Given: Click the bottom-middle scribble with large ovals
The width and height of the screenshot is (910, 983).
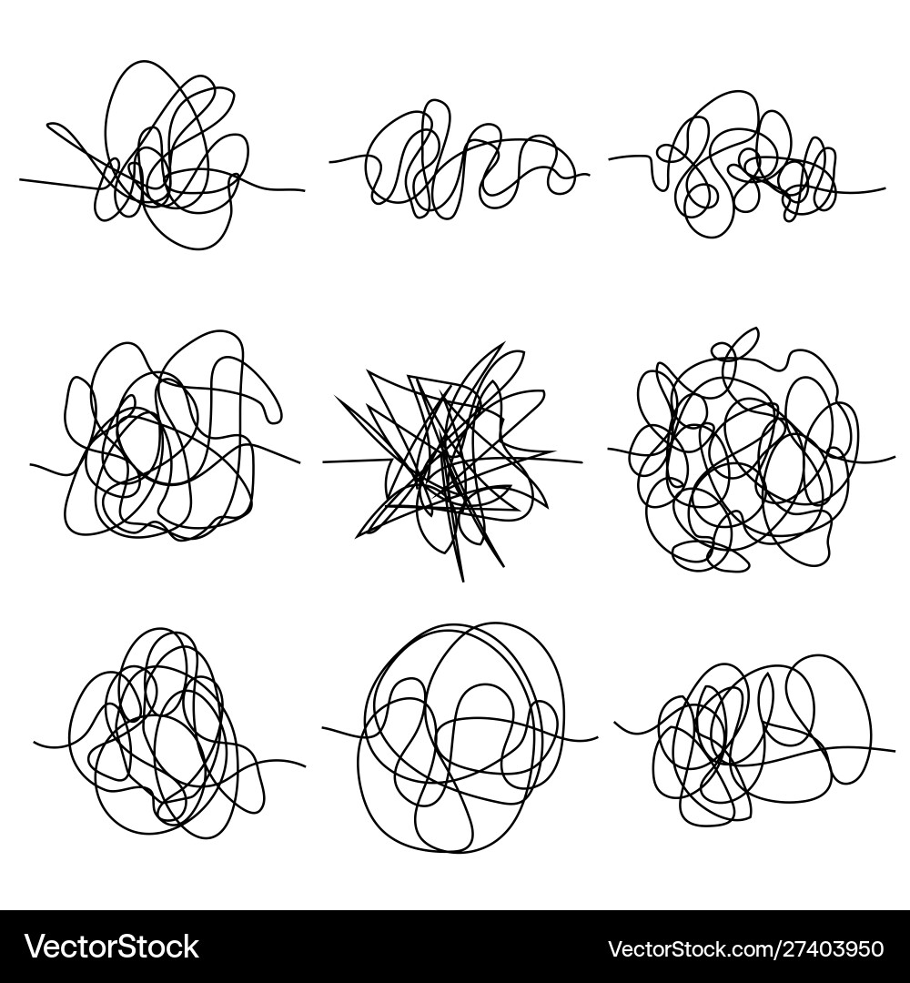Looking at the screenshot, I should [x=460, y=737].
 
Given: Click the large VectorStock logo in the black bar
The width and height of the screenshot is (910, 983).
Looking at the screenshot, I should [x=111, y=947].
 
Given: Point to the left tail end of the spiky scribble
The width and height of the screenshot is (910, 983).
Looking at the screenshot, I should [x=325, y=461].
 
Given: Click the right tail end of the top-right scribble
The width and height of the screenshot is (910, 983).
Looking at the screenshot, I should [x=884, y=188].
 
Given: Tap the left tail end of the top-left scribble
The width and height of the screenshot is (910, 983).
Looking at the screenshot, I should [x=21, y=179].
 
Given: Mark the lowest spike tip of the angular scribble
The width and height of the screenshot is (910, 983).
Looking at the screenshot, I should [x=461, y=580].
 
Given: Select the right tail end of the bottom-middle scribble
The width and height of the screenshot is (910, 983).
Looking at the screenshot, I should [x=596, y=737].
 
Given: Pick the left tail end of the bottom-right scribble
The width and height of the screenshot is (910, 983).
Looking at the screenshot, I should [x=615, y=724].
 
